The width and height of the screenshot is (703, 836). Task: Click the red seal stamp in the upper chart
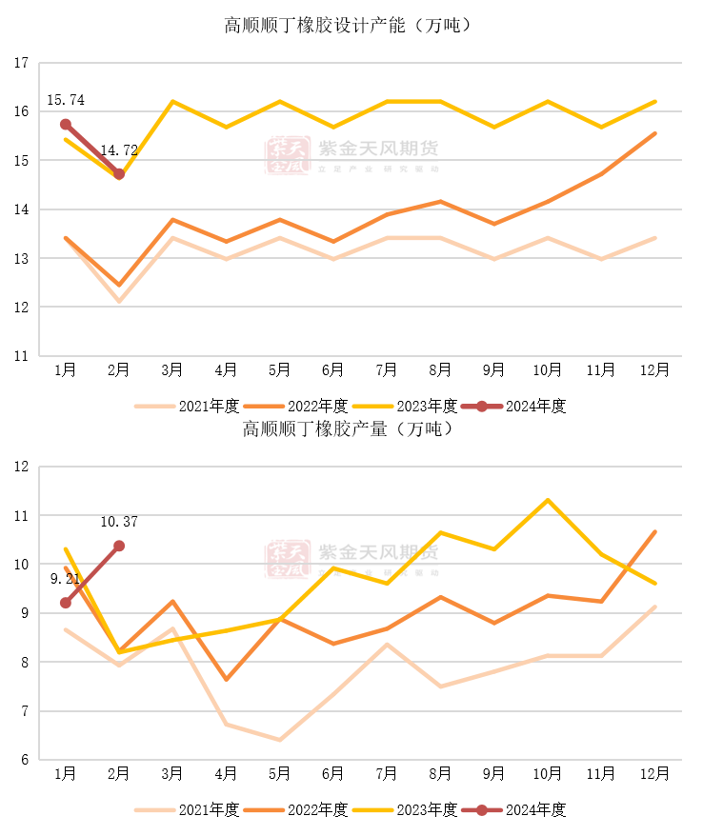[x=288, y=155]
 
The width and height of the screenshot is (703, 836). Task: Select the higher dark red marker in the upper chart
[x=66, y=124]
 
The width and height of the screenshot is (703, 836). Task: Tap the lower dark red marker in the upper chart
[x=119, y=174]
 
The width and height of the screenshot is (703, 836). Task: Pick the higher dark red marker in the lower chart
[x=119, y=546]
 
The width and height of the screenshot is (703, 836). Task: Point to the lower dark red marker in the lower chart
[x=66, y=603]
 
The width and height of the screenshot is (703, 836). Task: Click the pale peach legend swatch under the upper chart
[x=154, y=407]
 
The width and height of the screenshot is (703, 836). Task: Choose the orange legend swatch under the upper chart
[x=264, y=407]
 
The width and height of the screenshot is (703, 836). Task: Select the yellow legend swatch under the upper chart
[x=372, y=407]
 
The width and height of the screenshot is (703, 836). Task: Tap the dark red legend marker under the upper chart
[x=482, y=407]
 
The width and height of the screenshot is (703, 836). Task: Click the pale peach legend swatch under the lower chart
[x=154, y=810]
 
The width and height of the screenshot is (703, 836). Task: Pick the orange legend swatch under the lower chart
[x=264, y=810]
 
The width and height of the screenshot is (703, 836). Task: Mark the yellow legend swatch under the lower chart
[x=372, y=810]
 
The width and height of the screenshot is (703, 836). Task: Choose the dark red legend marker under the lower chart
[x=482, y=810]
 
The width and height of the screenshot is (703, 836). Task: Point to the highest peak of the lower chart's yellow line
[x=548, y=500]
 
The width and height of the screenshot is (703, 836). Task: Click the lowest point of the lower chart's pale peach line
[x=279, y=740]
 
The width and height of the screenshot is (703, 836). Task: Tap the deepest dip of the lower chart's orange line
[x=227, y=679]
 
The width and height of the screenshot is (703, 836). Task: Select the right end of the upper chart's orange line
[x=655, y=133]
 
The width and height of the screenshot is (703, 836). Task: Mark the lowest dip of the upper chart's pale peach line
[x=119, y=301]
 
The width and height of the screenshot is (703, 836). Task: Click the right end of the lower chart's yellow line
[x=655, y=583]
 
